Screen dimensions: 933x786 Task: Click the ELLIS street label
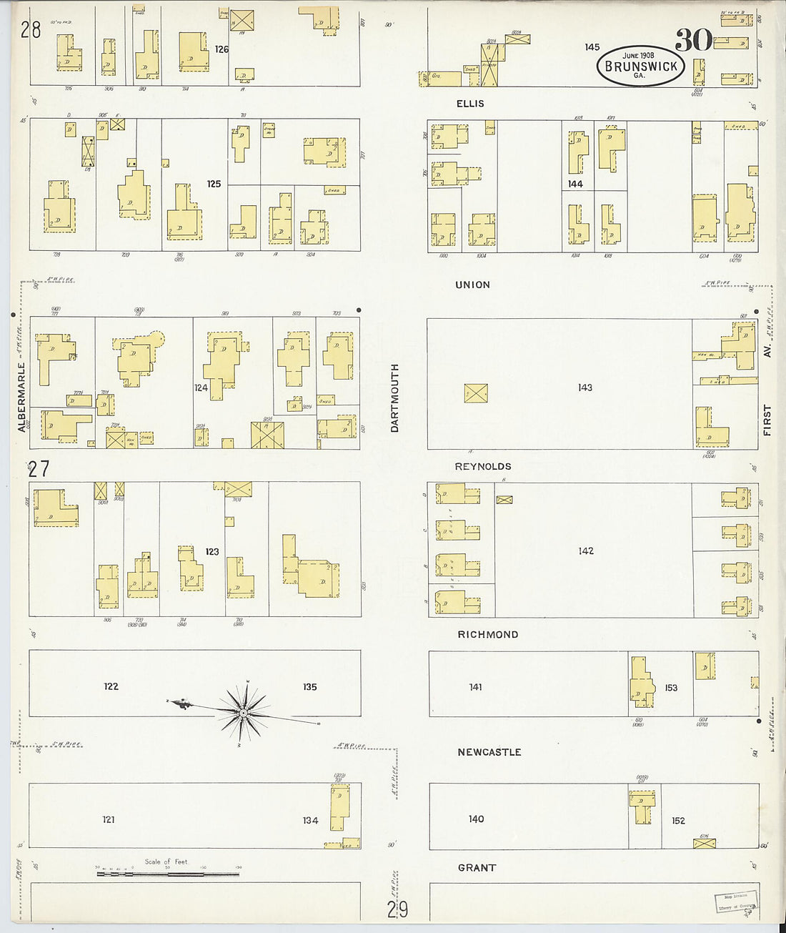pyautogui.click(x=470, y=104)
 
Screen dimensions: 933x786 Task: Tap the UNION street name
pyautogui.click(x=472, y=285)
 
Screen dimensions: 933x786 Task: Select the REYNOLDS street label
pyautogui.click(x=483, y=466)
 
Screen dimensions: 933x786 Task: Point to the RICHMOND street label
pyautogui.click(x=488, y=634)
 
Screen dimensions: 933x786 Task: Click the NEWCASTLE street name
pyautogui.click(x=489, y=752)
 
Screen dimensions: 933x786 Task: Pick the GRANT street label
pyautogui.click(x=477, y=867)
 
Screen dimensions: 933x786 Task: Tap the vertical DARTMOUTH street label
pyautogui.click(x=394, y=398)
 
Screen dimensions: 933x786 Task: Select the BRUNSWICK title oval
pyautogui.click(x=641, y=66)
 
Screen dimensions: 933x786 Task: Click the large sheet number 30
pyautogui.click(x=693, y=41)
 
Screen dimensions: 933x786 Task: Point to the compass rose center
pyautogui.click(x=244, y=713)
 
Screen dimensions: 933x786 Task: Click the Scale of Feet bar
pyautogui.click(x=167, y=873)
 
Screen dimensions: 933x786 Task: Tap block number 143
pyautogui.click(x=585, y=387)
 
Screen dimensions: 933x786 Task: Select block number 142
pyautogui.click(x=586, y=551)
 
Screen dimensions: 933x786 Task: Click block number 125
pyautogui.click(x=214, y=184)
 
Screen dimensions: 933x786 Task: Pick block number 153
pyautogui.click(x=671, y=688)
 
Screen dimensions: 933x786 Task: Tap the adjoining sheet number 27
pyautogui.click(x=38, y=469)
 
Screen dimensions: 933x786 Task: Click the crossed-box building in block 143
pyautogui.click(x=476, y=393)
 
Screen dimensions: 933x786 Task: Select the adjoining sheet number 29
pyautogui.click(x=398, y=909)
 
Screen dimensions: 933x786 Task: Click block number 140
pyautogui.click(x=476, y=819)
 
